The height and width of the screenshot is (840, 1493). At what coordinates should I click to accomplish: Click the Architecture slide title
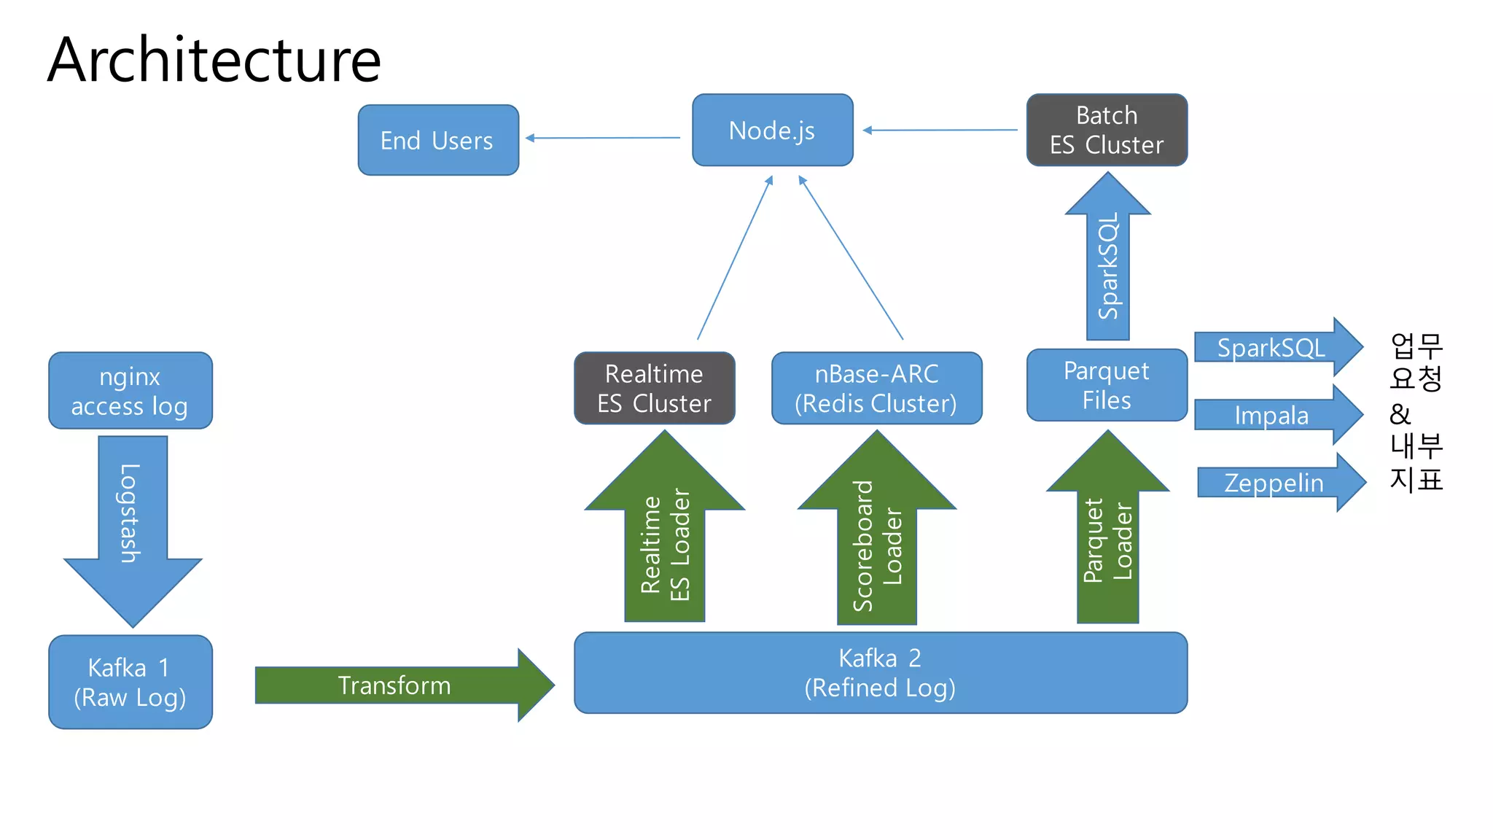[214, 61]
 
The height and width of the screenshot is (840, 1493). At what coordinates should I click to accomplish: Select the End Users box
[438, 140]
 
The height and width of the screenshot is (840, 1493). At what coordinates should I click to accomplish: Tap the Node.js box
[772, 131]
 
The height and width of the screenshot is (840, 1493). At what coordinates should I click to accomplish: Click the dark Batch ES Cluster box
[1107, 130]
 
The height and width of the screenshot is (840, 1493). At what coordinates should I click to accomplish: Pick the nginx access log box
[130, 391]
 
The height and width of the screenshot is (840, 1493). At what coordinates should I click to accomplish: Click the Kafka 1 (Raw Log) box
[130, 682]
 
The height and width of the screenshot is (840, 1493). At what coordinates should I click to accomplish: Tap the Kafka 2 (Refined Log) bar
[880, 672]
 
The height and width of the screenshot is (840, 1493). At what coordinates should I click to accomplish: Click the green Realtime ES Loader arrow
[664, 540]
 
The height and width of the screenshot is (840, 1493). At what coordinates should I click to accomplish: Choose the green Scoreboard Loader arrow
[877, 540]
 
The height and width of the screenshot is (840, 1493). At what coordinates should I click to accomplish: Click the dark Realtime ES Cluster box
[654, 388]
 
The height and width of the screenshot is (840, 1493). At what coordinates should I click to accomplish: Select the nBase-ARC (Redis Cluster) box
[876, 388]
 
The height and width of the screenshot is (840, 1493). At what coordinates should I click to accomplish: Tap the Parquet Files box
[1107, 385]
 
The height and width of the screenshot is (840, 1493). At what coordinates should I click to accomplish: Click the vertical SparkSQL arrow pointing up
[1107, 262]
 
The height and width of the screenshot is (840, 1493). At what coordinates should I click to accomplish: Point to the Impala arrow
[1272, 415]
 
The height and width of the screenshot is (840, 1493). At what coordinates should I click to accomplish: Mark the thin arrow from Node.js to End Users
[604, 138]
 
